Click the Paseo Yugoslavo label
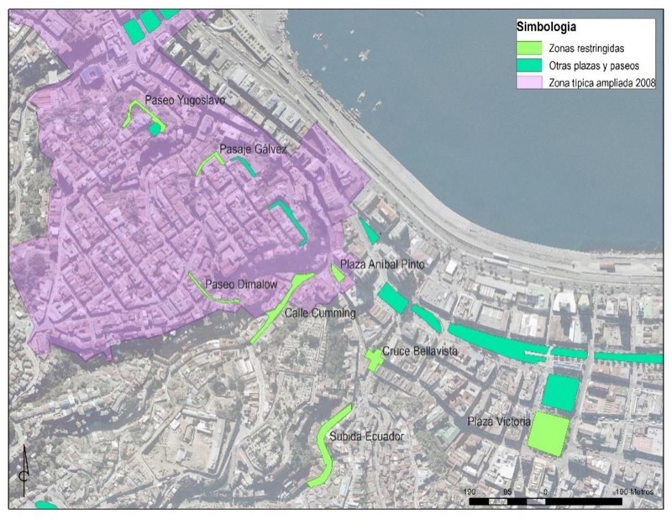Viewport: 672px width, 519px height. pyautogui.click(x=180, y=100)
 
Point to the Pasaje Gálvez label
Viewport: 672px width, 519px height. pyautogui.click(x=253, y=150)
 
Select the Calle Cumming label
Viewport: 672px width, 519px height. pyautogui.click(x=321, y=313)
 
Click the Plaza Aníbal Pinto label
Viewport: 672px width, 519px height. pyautogui.click(x=386, y=265)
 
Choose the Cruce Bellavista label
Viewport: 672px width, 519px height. pyautogui.click(x=419, y=352)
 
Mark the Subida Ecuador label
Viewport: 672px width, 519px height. pyautogui.click(x=367, y=437)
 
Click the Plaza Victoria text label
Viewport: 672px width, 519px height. pyautogui.click(x=495, y=420)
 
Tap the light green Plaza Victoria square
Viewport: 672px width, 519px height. pyautogui.click(x=548, y=432)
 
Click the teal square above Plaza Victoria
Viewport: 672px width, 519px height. pyautogui.click(x=561, y=391)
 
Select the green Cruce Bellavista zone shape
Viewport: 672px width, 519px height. pyautogui.click(x=375, y=359)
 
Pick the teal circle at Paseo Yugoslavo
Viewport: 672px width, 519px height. pyautogui.click(x=154, y=128)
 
